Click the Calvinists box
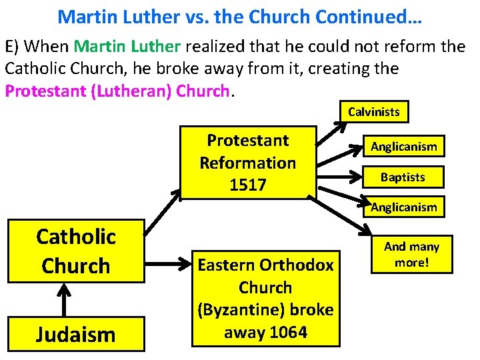click(x=374, y=112)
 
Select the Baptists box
click(x=403, y=177)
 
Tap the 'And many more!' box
click(x=412, y=254)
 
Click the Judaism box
click(x=76, y=333)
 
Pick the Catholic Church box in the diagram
click(x=76, y=251)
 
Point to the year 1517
click(x=247, y=185)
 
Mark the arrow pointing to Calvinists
click(x=327, y=131)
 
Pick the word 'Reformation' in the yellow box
click(x=247, y=163)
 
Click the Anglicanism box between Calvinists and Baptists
click(x=403, y=147)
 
